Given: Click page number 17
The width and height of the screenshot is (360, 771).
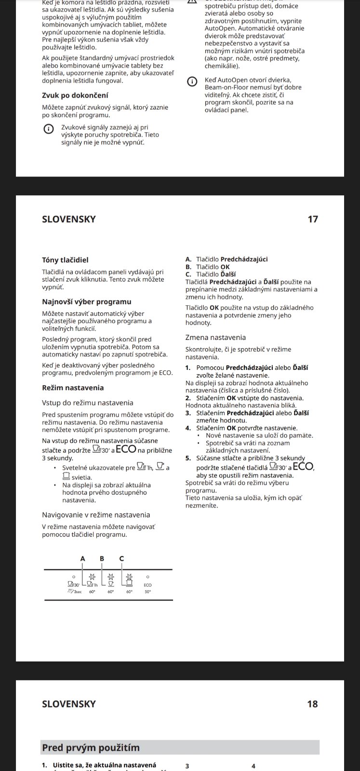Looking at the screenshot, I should click(313, 219).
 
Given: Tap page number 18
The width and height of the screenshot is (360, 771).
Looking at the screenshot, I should click(312, 704).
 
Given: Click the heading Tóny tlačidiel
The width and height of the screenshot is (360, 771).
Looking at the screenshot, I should click(65, 260).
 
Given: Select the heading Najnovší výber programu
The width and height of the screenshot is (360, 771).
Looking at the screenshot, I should click(87, 302).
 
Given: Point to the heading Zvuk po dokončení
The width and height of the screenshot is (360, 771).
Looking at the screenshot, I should click(75, 95).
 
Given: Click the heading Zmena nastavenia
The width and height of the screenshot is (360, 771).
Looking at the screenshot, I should click(215, 338).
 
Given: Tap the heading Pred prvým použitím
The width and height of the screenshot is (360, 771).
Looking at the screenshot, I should click(91, 748).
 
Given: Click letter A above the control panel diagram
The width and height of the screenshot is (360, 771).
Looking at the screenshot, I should click(82, 558).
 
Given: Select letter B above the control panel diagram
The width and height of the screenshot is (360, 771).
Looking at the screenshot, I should click(102, 558).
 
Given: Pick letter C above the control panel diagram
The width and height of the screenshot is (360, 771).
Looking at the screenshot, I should click(121, 558).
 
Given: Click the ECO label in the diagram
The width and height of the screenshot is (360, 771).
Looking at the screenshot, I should click(147, 585).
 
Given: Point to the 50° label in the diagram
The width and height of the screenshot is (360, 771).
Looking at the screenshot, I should click(147, 591).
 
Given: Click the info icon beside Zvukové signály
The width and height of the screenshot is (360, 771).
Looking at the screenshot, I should click(48, 129).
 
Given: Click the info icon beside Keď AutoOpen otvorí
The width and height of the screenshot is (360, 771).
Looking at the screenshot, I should click(192, 81).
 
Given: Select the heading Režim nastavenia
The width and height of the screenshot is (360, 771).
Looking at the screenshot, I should click(73, 388).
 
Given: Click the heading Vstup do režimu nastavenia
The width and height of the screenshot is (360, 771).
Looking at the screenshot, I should click(88, 403).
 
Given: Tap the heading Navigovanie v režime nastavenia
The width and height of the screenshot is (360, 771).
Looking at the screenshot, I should click(96, 515).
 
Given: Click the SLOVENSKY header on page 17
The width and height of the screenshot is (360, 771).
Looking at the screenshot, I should click(69, 219).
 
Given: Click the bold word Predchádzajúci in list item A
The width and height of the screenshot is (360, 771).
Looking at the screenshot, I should click(244, 259).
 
